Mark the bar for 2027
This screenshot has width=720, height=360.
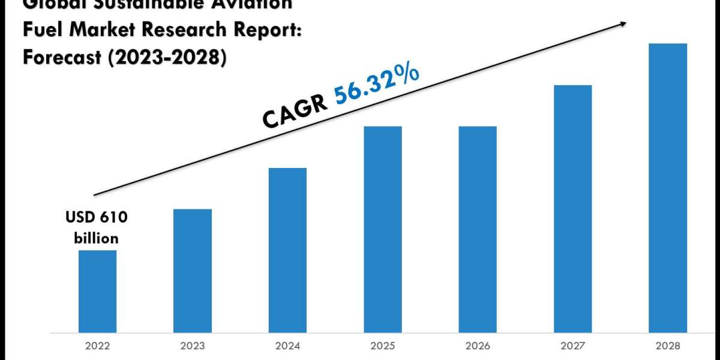[572, 208]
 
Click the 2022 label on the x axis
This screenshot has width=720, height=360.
[97, 345]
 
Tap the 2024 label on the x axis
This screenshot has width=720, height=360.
[287, 345]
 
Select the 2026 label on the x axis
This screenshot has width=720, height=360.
[478, 345]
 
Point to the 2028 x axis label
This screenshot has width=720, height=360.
[668, 345]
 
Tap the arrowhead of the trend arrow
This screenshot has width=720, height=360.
[624, 23]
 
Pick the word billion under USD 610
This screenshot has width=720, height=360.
[97, 238]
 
